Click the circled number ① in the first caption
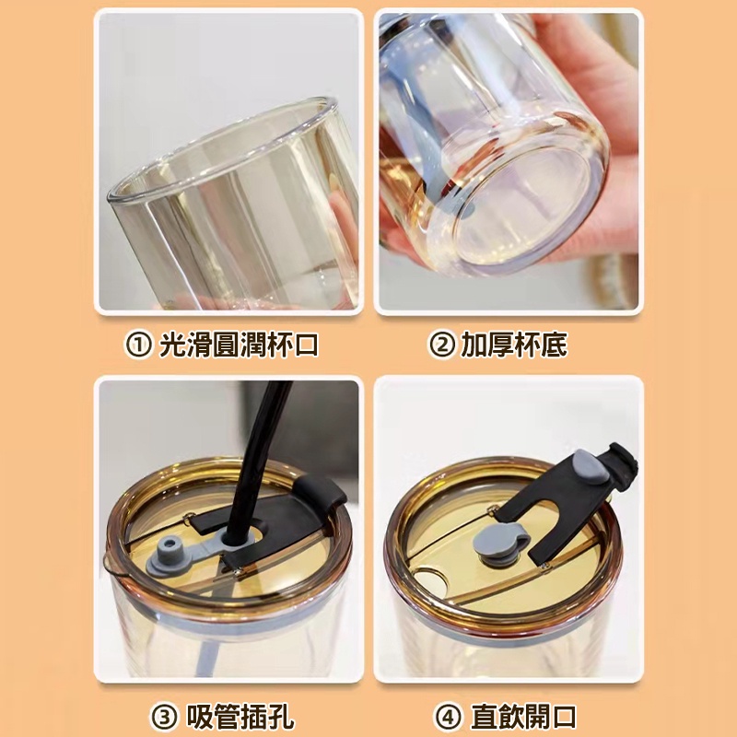click(x=138, y=345)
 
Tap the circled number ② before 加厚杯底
click(x=441, y=345)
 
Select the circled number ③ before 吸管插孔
click(x=165, y=718)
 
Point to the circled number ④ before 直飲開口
click(x=448, y=718)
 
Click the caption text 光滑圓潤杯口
click(x=239, y=345)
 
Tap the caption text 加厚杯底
click(x=514, y=345)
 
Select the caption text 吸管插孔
click(x=240, y=718)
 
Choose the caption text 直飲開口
click(x=523, y=718)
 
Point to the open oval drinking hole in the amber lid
click(x=431, y=579)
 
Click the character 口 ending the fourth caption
click(x=564, y=718)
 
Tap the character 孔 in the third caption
click(x=281, y=718)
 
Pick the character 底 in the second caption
click(x=555, y=345)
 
